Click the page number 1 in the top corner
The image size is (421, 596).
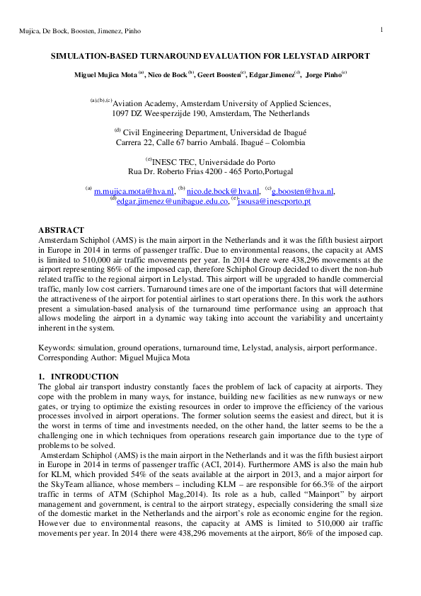pos(381,29)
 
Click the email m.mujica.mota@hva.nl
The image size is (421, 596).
pos(134,191)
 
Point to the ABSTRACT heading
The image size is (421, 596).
pos(61,231)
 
